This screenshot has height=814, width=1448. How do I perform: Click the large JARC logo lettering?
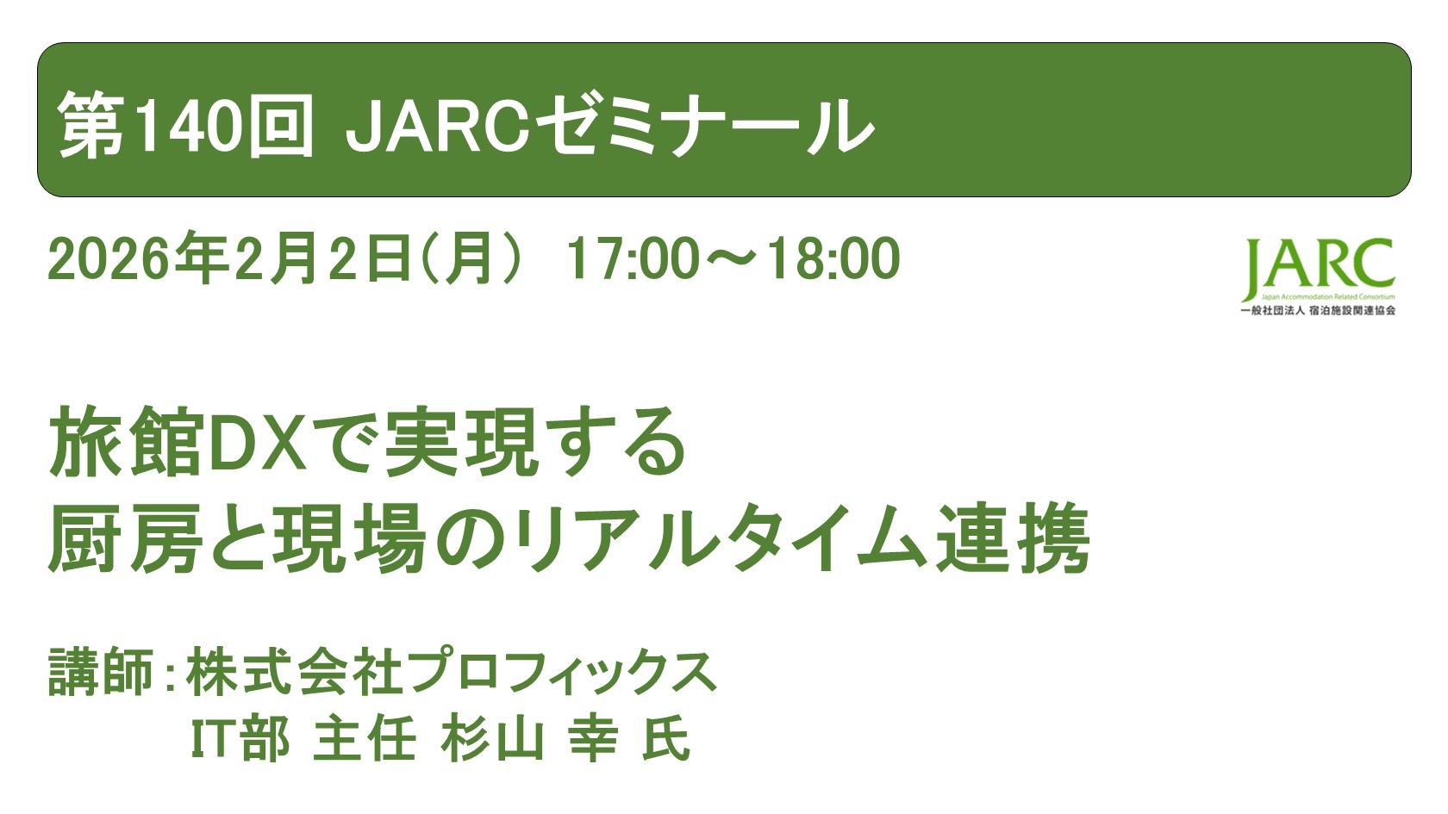(x=1318, y=267)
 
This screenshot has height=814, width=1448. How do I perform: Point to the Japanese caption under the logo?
(x=1318, y=310)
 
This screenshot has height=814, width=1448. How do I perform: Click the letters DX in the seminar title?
(x=259, y=444)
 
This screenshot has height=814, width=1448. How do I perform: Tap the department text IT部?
(x=240, y=740)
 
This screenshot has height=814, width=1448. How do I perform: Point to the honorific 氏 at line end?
(x=666, y=740)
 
